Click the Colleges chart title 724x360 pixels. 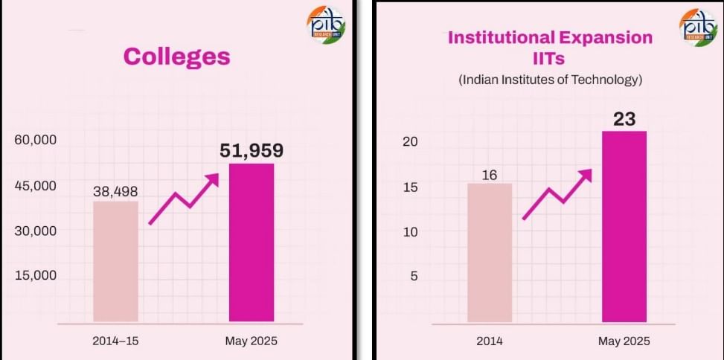pyautogui.click(x=176, y=57)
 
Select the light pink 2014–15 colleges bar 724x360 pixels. pyautogui.click(x=115, y=262)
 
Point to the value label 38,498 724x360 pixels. pyautogui.click(x=115, y=191)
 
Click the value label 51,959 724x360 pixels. pyautogui.click(x=252, y=151)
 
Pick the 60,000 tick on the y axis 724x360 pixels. pyautogui.click(x=36, y=141)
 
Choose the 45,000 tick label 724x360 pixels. pyautogui.click(x=36, y=186)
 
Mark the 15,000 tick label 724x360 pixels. pyautogui.click(x=36, y=275)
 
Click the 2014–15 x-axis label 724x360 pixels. pyautogui.click(x=115, y=341)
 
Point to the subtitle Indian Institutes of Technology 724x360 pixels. pyautogui.click(x=550, y=80)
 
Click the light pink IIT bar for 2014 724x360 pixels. pyautogui.click(x=490, y=253)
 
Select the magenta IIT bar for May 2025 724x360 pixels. pyautogui.click(x=624, y=227)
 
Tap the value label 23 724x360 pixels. pyautogui.click(x=624, y=120)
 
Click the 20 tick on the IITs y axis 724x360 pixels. pyautogui.click(x=411, y=142)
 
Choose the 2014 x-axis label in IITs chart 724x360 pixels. pyautogui.click(x=490, y=341)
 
